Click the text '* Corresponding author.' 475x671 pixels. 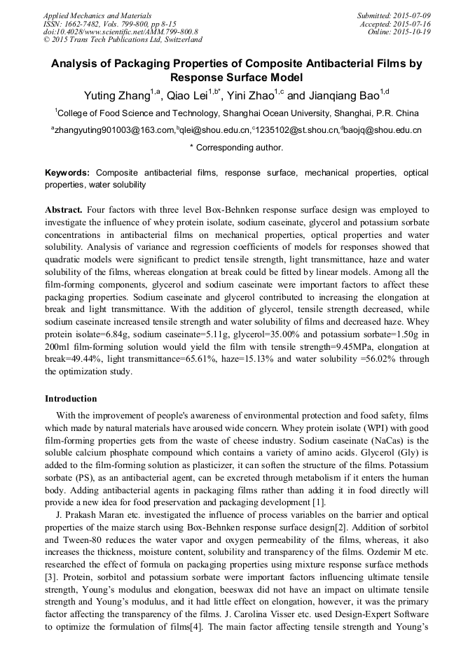tap(237, 148)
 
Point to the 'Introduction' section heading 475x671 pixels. tap(71, 399)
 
